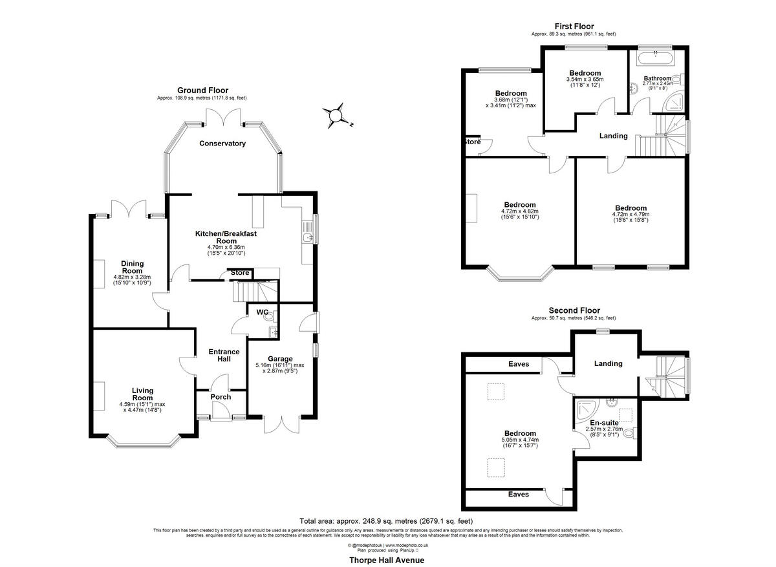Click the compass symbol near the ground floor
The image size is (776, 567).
click(x=336, y=115)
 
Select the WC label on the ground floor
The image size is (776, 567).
click(x=263, y=312)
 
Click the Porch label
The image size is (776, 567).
click(x=221, y=397)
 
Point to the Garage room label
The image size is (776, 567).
click(x=281, y=359)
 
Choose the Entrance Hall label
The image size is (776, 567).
click(x=224, y=356)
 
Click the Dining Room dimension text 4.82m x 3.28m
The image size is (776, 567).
click(x=132, y=279)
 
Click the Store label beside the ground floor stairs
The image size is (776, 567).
click(x=240, y=273)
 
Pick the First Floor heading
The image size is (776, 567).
click(x=574, y=27)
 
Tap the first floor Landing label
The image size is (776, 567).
click(x=613, y=136)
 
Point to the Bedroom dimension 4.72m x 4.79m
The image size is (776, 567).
click(x=630, y=215)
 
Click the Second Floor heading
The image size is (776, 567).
click(x=574, y=310)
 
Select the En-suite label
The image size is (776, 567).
click(x=603, y=422)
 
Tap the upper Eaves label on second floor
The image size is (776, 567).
click(x=518, y=364)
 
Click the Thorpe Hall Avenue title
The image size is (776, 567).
click(x=387, y=560)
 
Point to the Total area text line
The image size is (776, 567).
click(x=386, y=521)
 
